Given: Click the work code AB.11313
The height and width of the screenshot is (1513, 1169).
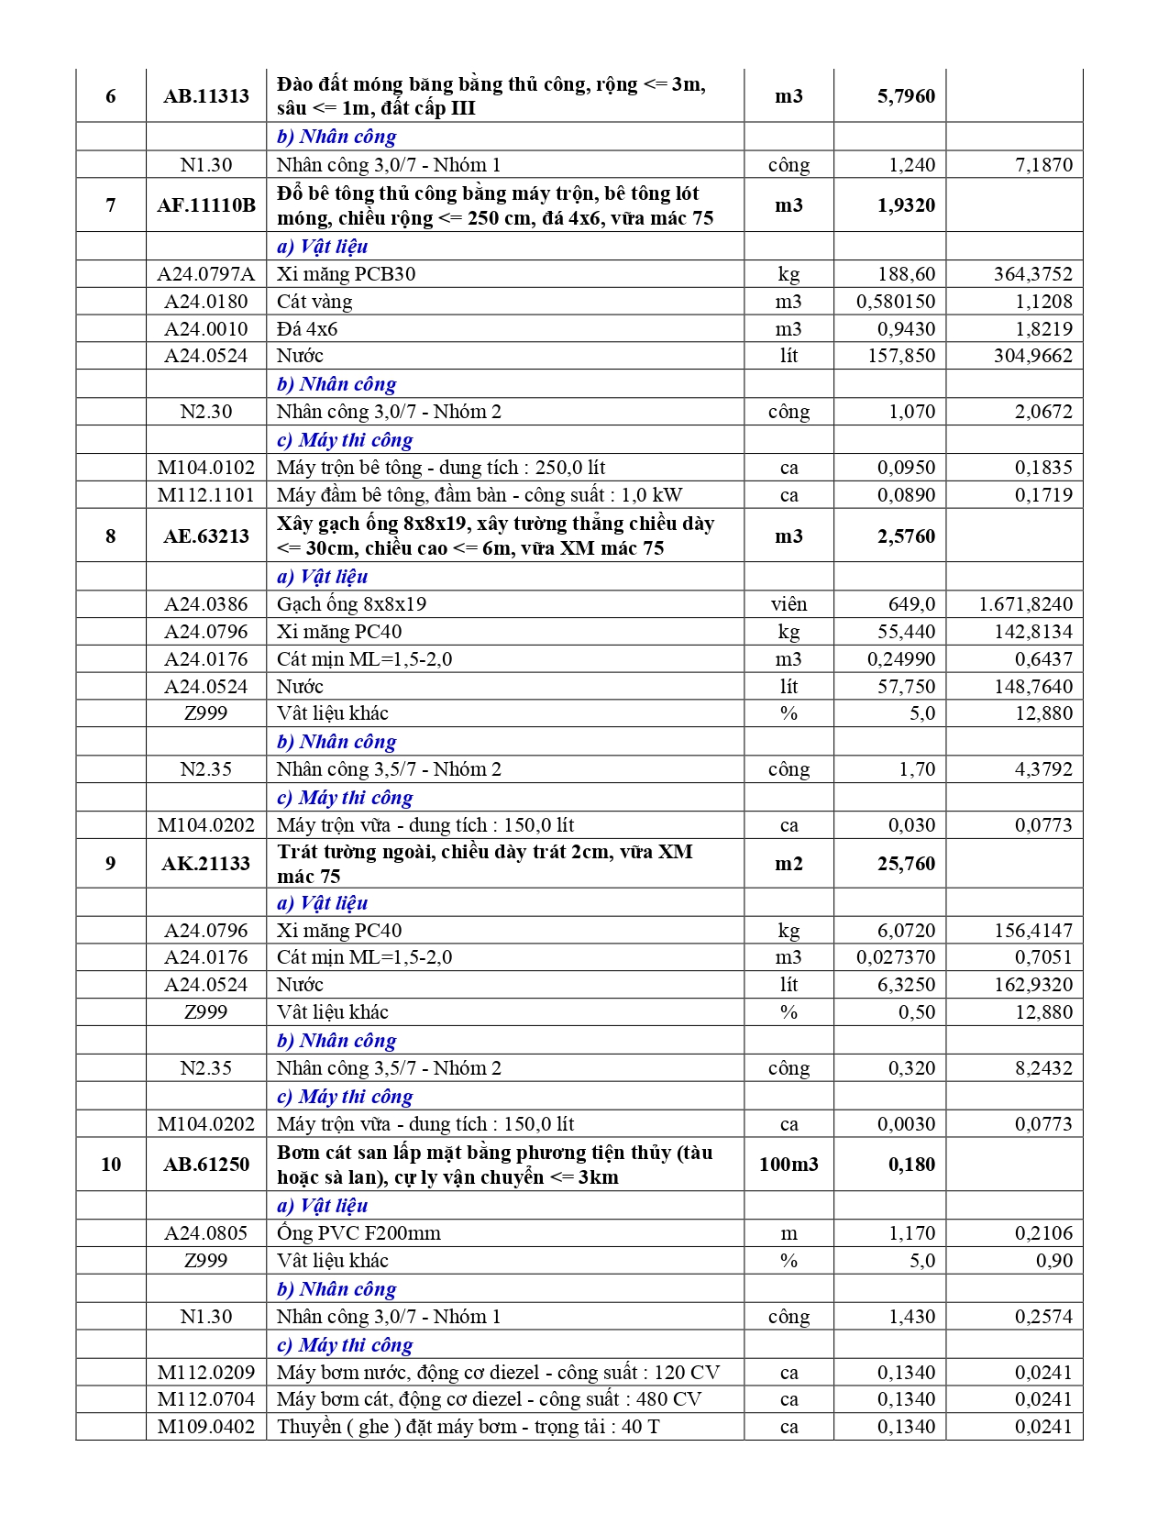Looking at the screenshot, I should pyautogui.click(x=206, y=96).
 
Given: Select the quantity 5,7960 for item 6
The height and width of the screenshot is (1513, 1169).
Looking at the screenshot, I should pyautogui.click(x=906, y=96).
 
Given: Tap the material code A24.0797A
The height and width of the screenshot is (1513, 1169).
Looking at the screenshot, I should pyautogui.click(x=206, y=274).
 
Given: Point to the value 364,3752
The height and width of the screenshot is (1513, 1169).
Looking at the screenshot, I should pyautogui.click(x=1032, y=274).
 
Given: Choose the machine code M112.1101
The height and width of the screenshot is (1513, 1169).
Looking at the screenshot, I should pyautogui.click(x=206, y=495).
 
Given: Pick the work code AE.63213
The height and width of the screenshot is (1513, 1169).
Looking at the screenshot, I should pyautogui.click(x=206, y=536).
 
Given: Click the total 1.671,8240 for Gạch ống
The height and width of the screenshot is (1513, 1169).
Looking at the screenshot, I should pyautogui.click(x=1025, y=604).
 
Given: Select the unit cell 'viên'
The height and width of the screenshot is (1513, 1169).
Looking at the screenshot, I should pyautogui.click(x=789, y=604).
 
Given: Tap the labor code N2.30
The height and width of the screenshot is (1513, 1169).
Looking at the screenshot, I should pyautogui.click(x=206, y=412).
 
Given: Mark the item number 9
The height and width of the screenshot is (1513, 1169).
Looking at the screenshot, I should pyautogui.click(x=111, y=864).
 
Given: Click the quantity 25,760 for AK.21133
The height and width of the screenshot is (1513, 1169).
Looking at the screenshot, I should pyautogui.click(x=906, y=864).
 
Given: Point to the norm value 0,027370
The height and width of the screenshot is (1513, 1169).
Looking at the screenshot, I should pyautogui.click(x=896, y=957).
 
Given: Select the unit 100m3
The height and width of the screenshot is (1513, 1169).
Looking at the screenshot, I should pyautogui.click(x=789, y=1165).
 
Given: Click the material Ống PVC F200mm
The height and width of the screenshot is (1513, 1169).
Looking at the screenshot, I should pyautogui.click(x=358, y=1233).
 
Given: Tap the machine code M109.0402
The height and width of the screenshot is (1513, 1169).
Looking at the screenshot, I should pyautogui.click(x=206, y=1427).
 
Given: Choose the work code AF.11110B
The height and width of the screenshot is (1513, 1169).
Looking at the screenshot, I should pyautogui.click(x=206, y=205).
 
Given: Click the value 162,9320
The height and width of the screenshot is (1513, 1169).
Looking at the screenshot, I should pyautogui.click(x=1032, y=985).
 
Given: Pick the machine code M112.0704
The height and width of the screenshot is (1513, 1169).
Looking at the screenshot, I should pyautogui.click(x=206, y=1399).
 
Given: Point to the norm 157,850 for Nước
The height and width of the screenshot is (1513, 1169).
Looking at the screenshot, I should pyautogui.click(x=901, y=356).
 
